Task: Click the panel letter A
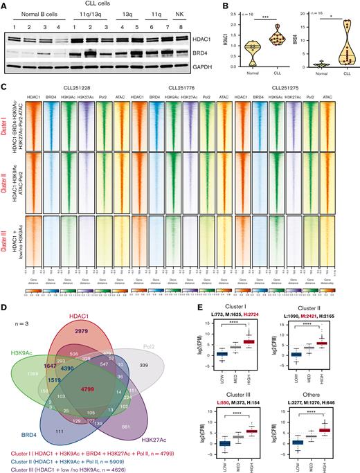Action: (4, 5)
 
